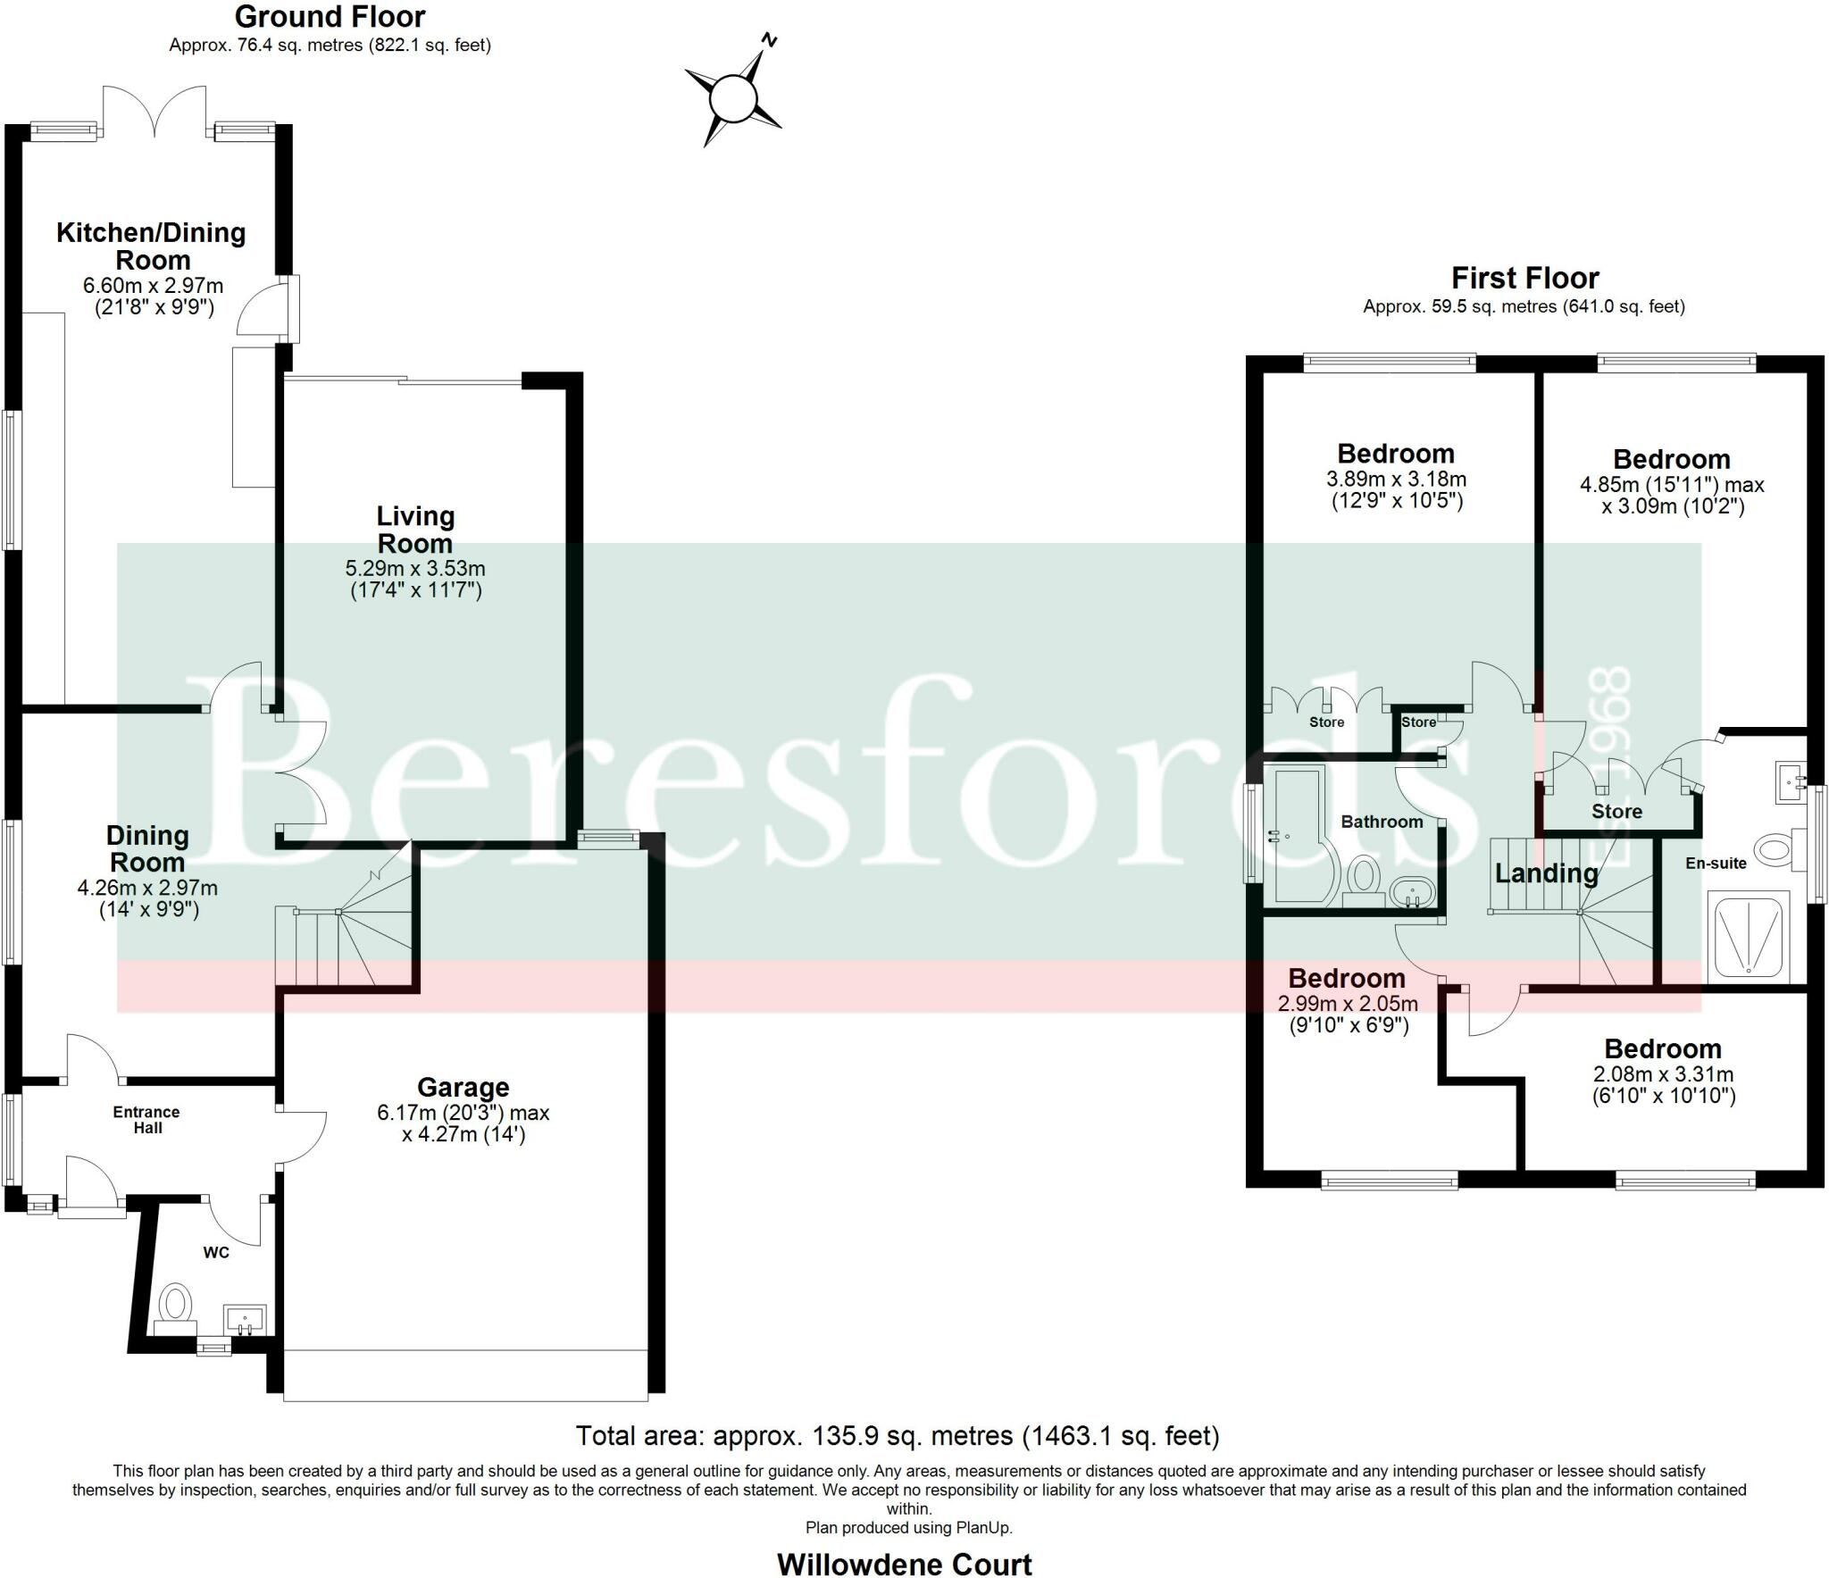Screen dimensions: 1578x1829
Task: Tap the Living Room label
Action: click(415, 530)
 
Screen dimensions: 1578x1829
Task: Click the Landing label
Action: click(1546, 873)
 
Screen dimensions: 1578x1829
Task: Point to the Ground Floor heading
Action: click(330, 17)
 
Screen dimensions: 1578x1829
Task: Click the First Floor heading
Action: click(1524, 279)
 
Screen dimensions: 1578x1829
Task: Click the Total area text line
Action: click(897, 1436)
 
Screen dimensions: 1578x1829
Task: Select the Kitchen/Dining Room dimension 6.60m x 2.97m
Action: click(153, 286)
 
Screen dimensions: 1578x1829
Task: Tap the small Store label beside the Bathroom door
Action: click(1418, 722)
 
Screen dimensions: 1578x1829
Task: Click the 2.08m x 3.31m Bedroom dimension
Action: click(1663, 1074)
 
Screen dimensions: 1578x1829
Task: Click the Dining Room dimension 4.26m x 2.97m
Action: click(147, 889)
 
